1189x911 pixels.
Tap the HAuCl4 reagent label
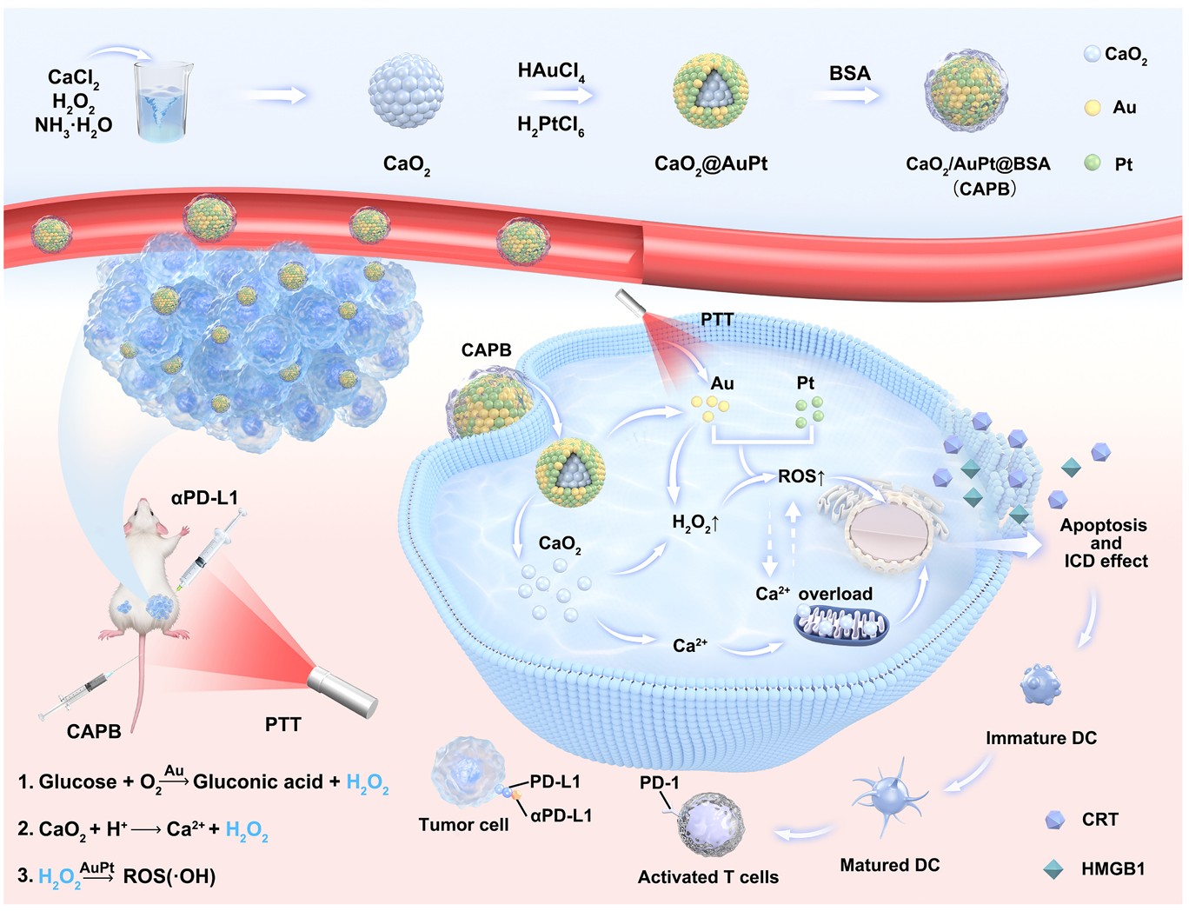[550, 71]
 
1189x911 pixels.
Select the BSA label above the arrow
[849, 74]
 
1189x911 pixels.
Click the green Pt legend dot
[1093, 163]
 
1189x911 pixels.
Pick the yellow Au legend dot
[1093, 108]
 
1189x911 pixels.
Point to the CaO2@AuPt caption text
[710, 163]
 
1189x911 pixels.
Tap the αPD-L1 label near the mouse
[204, 498]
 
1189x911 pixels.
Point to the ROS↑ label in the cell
[800, 476]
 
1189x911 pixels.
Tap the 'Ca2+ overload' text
[814, 594]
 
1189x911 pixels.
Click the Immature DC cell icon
[1041, 684]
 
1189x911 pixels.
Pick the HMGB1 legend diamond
[1053, 868]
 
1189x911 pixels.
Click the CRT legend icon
[1054, 820]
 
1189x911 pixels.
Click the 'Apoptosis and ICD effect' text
[1104, 543]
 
